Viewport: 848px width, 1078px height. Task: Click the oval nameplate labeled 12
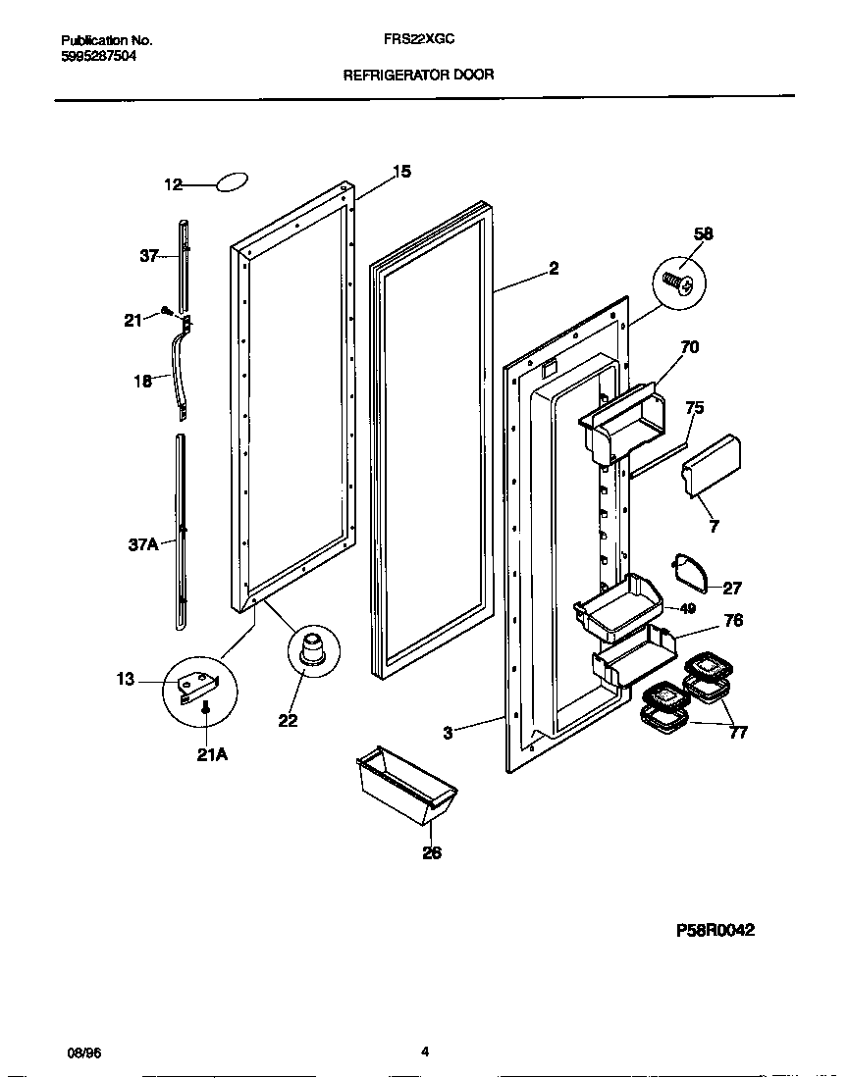tap(232, 182)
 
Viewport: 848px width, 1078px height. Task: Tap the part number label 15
tap(400, 172)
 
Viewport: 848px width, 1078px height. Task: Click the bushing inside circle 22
tap(313, 651)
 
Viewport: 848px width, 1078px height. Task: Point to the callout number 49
tap(688, 608)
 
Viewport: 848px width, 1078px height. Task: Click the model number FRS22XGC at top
tap(418, 41)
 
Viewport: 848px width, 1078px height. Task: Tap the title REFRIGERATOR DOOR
tap(418, 74)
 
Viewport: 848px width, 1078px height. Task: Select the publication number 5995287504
tap(98, 56)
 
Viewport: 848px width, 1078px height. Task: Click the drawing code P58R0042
tap(715, 930)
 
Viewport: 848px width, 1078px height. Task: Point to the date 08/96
tap(83, 1053)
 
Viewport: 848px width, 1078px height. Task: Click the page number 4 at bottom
tap(424, 1052)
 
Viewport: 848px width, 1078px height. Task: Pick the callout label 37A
tap(143, 543)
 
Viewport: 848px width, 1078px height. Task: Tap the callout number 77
tap(738, 732)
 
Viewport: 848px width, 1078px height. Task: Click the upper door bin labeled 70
tap(620, 419)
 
